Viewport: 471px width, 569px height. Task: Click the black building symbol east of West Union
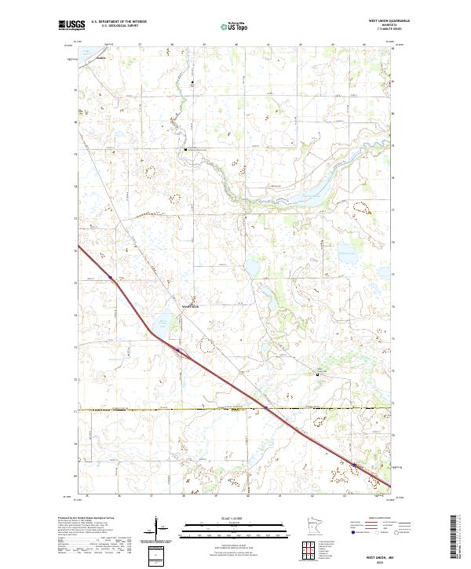tap(318, 375)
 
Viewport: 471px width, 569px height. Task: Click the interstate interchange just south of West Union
tap(181, 351)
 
